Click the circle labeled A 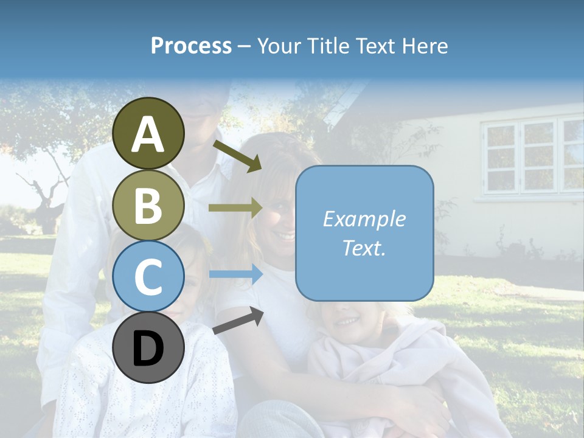(x=148, y=133)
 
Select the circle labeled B (x=148, y=205)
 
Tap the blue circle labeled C (x=148, y=277)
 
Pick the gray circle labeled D (x=148, y=348)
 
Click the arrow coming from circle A (x=237, y=156)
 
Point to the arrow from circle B (x=235, y=208)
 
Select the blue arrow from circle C (x=235, y=274)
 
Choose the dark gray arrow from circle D (x=238, y=320)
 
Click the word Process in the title (x=191, y=46)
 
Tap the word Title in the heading (x=327, y=46)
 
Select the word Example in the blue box (x=364, y=219)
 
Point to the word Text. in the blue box (x=364, y=248)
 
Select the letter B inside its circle (x=148, y=205)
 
